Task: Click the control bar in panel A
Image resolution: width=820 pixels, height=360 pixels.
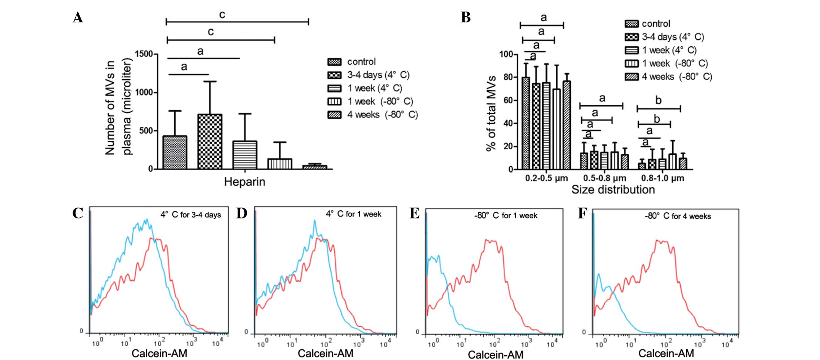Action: click(175, 152)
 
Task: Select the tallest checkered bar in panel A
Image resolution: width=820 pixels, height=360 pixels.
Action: click(210, 142)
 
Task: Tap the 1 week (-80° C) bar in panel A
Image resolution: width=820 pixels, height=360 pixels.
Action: click(280, 164)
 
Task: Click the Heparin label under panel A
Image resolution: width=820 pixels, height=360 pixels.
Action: click(245, 182)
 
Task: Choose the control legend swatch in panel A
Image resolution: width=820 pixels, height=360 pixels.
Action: click(334, 62)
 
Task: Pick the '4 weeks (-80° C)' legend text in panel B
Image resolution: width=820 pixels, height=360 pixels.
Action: click(677, 76)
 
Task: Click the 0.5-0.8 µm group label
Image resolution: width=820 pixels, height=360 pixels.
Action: click(604, 178)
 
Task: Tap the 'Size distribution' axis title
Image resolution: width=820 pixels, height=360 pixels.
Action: click(613, 189)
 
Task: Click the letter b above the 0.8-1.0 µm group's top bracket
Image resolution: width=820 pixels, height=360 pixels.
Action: click(658, 101)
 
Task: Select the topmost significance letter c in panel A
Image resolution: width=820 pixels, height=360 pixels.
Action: click(222, 15)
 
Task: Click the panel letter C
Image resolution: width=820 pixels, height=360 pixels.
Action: click(78, 213)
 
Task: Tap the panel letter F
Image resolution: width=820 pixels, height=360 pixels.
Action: click(582, 213)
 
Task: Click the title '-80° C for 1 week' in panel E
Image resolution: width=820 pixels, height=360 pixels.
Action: click(505, 216)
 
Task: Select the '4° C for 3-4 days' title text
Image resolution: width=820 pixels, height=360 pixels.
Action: click(191, 215)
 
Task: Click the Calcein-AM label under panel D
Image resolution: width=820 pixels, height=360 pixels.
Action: click(326, 353)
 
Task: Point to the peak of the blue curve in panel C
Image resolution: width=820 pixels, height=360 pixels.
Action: click(146, 220)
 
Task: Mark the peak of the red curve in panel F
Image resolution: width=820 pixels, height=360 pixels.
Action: click(656, 241)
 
